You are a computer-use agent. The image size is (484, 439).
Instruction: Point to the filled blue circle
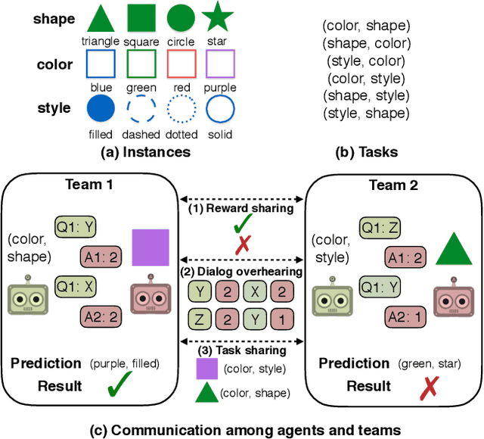click(100, 110)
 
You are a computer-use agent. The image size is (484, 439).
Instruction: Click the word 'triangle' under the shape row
click(100, 42)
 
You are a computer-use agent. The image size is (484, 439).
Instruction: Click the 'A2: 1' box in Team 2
click(405, 316)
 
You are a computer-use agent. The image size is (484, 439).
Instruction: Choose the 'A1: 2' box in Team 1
click(100, 257)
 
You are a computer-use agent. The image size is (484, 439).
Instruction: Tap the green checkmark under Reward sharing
click(243, 224)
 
